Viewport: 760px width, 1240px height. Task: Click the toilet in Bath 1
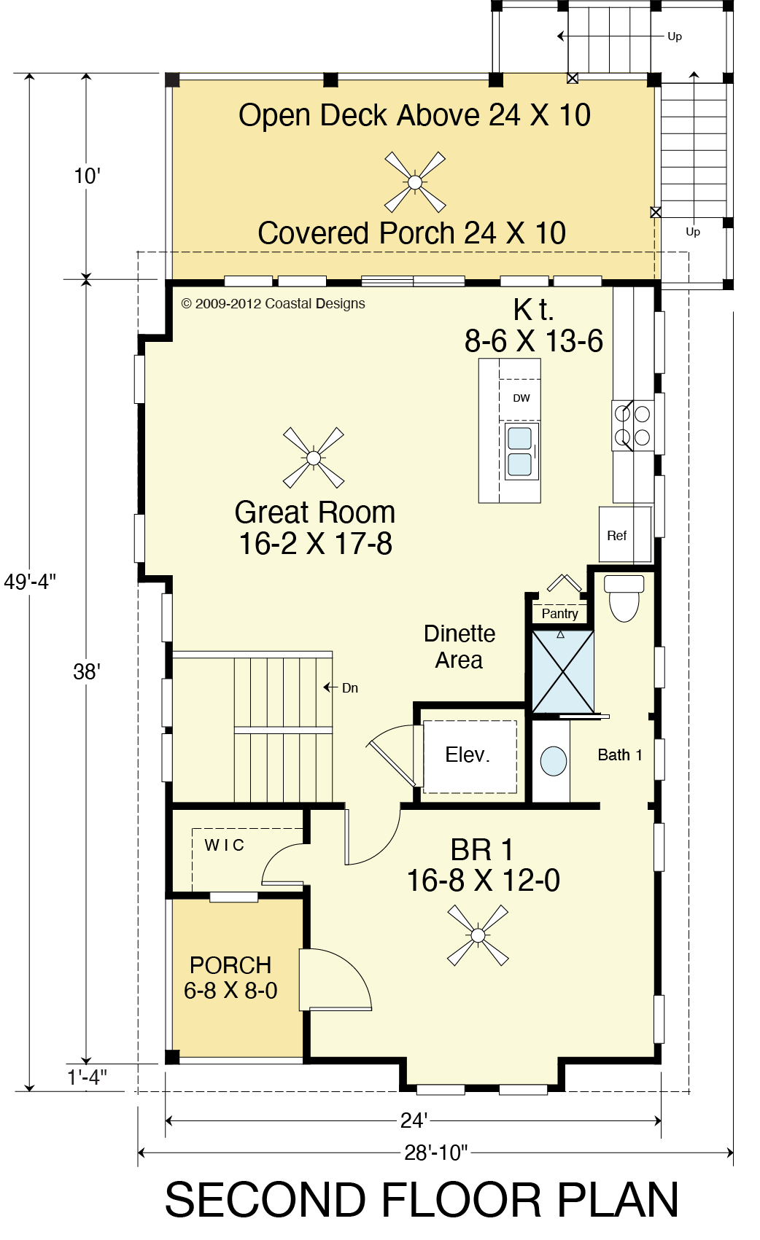coord(624,598)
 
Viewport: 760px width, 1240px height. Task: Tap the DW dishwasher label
coord(521,398)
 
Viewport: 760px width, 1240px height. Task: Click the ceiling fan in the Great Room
coord(314,458)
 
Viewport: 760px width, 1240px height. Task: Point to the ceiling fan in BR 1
coord(478,935)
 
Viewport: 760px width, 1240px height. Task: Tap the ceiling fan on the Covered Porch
coord(415,182)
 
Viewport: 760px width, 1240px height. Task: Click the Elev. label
coord(468,754)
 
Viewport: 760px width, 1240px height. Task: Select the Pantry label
coord(559,613)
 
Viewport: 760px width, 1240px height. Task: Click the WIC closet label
coord(225,845)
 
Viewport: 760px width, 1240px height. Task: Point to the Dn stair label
coord(350,688)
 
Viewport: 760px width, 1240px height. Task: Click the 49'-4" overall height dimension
coord(30,581)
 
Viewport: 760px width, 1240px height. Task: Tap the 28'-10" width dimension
coord(436,1153)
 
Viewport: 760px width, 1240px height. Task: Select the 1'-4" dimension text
coord(87,1077)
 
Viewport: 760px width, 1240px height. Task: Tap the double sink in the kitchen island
coord(520,451)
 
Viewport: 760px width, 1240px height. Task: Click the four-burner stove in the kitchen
coord(632,425)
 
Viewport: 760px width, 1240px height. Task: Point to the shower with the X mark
coord(563,671)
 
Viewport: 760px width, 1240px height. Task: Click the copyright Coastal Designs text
coord(273,303)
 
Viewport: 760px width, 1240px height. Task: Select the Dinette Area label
coord(460,647)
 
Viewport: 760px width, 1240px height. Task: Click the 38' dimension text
coord(86,671)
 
